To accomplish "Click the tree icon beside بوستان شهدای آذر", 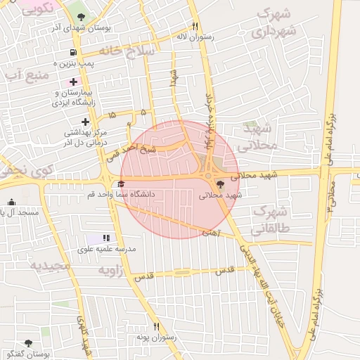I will (x=82, y=16).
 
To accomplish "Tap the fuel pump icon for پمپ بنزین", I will (x=73, y=52).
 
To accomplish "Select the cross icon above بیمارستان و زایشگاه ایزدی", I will (x=74, y=82).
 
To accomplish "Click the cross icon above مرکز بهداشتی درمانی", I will (x=85, y=122).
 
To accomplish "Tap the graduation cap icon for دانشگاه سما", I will (x=110, y=185).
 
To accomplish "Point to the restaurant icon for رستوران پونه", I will (x=157, y=326).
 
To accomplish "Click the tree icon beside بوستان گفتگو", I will (x=27, y=345).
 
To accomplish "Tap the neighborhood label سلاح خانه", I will (x=127, y=50).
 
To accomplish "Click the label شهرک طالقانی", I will (x=270, y=219).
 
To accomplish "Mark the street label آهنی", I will (x=211, y=231).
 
